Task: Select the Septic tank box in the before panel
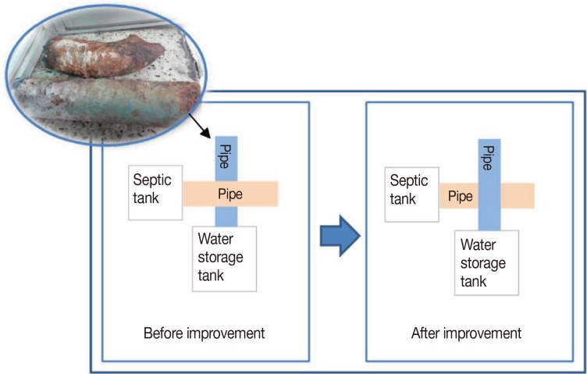(156, 191)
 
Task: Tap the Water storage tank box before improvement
(223, 258)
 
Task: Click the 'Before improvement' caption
(205, 333)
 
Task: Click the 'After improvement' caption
(466, 333)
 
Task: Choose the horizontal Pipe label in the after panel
(460, 196)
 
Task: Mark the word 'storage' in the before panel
(222, 258)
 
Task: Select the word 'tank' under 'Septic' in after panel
(404, 200)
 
